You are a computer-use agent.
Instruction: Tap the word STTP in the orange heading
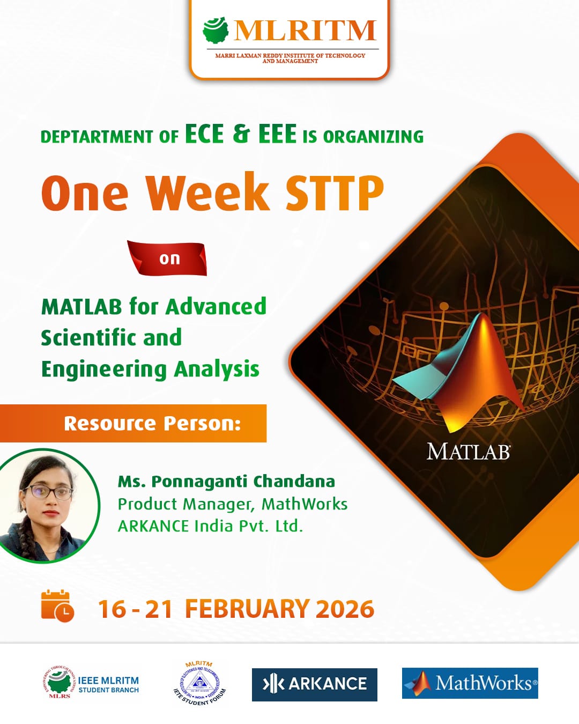pos(334,193)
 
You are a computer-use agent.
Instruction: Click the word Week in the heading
pos(207,193)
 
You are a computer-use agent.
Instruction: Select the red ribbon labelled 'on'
pos(168,258)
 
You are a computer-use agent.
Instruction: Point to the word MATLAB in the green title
pos(81,307)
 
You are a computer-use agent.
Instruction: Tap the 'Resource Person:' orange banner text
pos(152,424)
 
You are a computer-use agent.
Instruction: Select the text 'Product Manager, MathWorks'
pos(233,504)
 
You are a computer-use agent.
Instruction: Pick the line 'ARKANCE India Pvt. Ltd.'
pos(210,526)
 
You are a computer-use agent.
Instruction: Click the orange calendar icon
pos(57,606)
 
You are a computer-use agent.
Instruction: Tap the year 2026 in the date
pos(345,609)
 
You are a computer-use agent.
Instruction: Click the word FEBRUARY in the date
pos(247,609)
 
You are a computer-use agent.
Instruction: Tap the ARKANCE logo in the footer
pos(315,684)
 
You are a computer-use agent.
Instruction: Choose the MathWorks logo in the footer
pos(470,683)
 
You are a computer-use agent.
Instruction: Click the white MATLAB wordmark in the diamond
pos(468,452)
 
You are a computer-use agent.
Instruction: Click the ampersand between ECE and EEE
pos(241,134)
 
